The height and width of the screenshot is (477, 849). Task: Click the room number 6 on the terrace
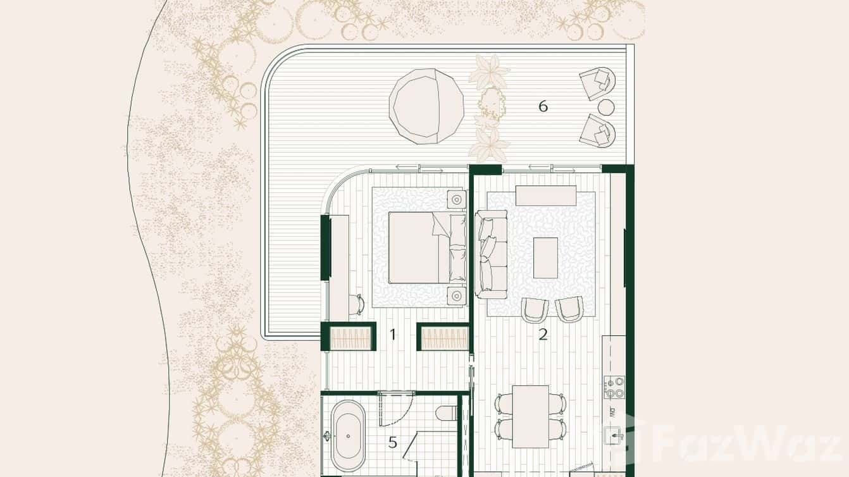pyautogui.click(x=543, y=106)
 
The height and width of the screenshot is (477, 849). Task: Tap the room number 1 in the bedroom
pyautogui.click(x=393, y=334)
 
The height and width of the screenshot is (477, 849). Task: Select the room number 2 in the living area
pyautogui.click(x=543, y=335)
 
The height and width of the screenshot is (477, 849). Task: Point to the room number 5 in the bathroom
pyautogui.click(x=393, y=442)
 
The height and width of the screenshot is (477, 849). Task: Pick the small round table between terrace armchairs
pyautogui.click(x=606, y=107)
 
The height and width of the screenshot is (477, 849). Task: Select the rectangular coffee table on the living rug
pyautogui.click(x=545, y=257)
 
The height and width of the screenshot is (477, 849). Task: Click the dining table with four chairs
pyautogui.click(x=531, y=416)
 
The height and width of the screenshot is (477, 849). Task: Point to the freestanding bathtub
pyautogui.click(x=349, y=437)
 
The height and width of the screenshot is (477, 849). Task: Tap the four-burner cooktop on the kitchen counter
pyautogui.click(x=614, y=387)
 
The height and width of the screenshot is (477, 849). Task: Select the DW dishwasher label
pyautogui.click(x=613, y=412)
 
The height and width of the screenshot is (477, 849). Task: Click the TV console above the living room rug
pyautogui.click(x=545, y=195)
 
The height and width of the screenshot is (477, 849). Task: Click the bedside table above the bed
pyautogui.click(x=457, y=199)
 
